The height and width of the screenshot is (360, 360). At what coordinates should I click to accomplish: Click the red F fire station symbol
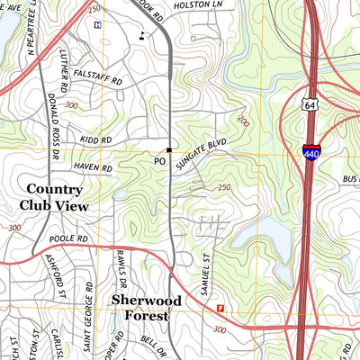(x=220, y=309)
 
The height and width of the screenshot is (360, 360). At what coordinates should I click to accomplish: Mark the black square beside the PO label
(x=168, y=149)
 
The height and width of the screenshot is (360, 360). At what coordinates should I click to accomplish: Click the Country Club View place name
(x=55, y=197)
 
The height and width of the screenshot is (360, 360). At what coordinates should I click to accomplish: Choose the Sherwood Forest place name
(x=146, y=308)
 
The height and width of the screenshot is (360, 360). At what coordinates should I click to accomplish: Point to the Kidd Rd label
(x=94, y=140)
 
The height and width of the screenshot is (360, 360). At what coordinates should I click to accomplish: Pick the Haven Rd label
(x=94, y=168)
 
